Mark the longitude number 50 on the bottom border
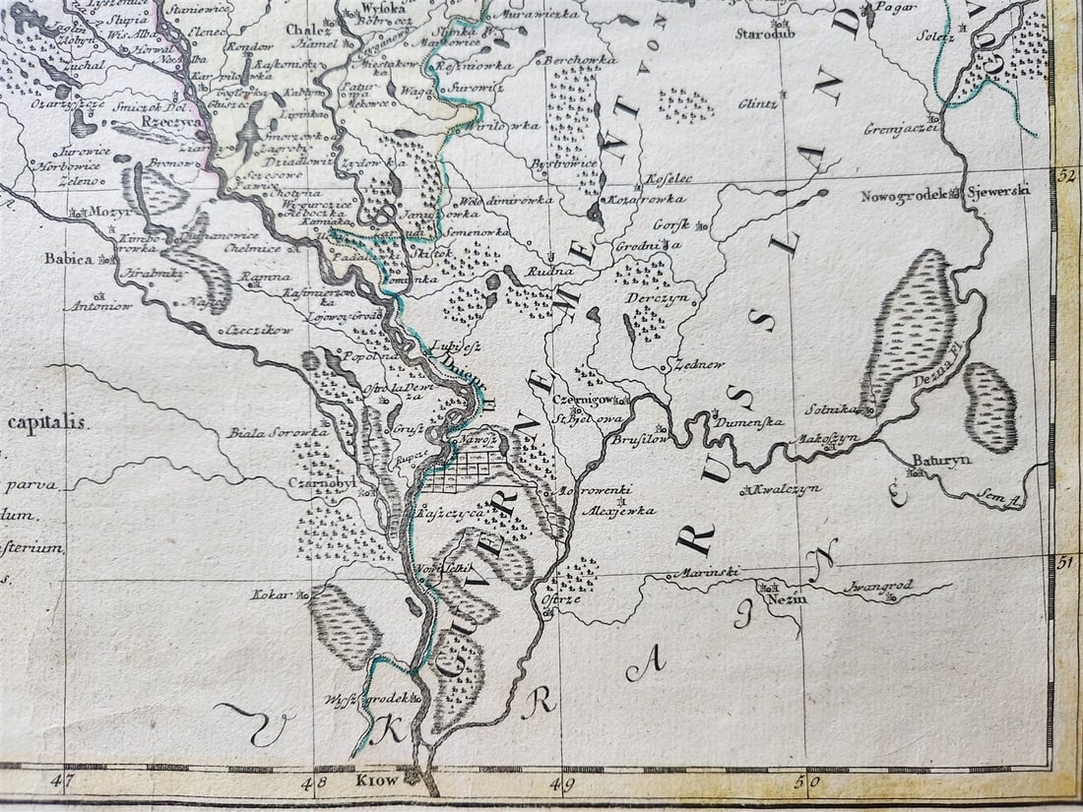click(x=807, y=784)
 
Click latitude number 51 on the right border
click(x=1063, y=562)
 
